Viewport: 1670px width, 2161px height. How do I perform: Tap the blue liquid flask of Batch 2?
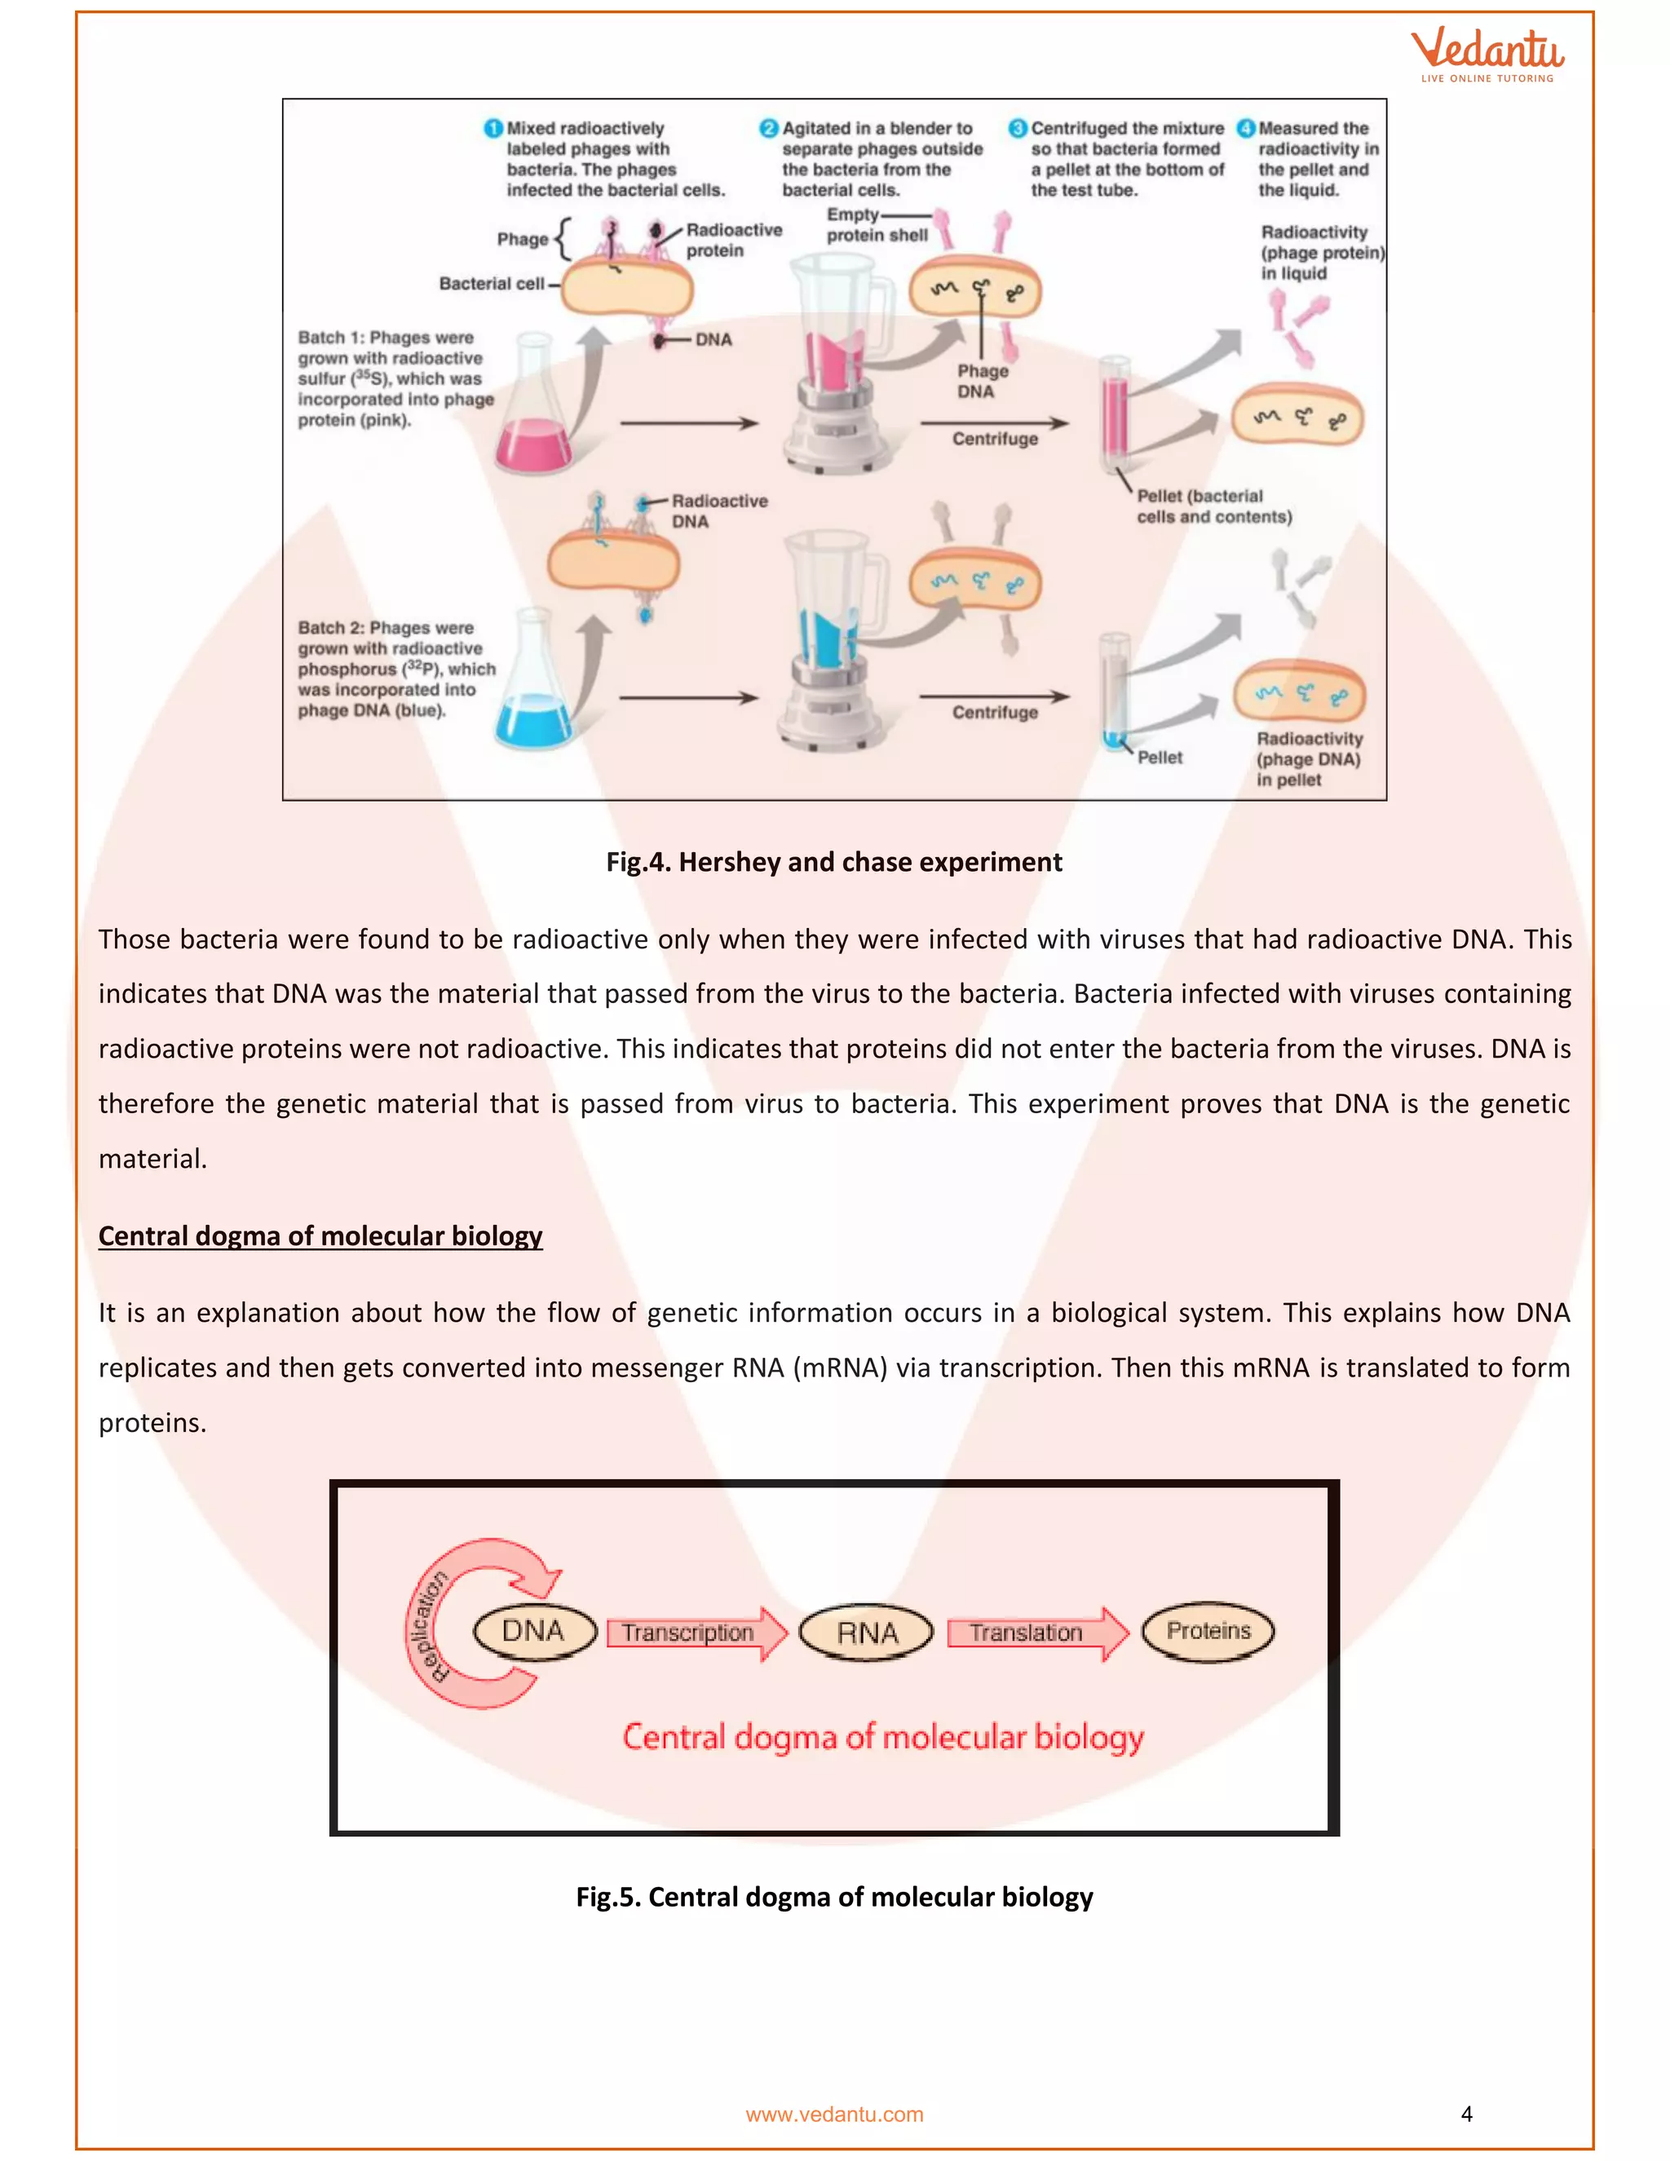click(534, 702)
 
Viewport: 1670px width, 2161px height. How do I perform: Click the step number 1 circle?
click(493, 129)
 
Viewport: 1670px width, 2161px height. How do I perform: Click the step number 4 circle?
click(1246, 129)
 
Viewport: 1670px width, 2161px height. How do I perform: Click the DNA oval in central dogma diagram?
click(534, 1632)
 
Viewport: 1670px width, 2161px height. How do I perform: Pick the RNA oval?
click(867, 1633)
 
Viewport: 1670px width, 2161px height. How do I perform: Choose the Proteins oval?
click(1208, 1631)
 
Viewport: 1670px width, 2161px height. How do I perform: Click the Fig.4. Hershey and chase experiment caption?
click(834, 862)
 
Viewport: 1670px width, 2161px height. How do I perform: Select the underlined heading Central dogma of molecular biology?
click(320, 1235)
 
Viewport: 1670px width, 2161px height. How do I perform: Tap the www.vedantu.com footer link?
click(834, 2115)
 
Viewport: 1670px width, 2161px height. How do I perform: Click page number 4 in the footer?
click(1466, 2115)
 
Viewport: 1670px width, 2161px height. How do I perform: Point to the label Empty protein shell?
click(871, 226)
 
